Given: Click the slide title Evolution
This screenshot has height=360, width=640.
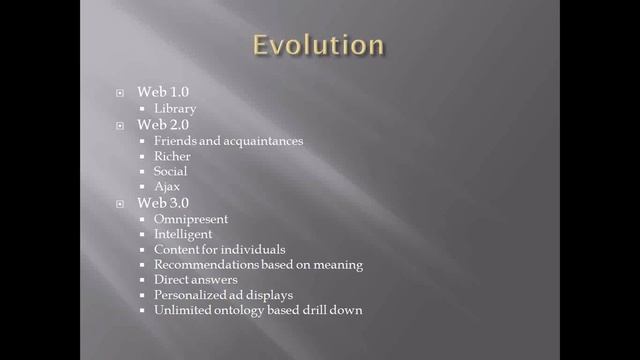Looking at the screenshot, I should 317,46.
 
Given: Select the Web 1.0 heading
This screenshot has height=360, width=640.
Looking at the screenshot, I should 162,92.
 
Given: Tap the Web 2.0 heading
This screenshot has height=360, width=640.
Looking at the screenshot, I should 162,124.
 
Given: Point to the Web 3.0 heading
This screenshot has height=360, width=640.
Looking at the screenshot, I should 162,203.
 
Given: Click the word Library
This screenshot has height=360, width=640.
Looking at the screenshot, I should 175,108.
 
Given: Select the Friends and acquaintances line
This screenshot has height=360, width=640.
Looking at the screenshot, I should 228,140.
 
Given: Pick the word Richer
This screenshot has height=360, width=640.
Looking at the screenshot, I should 172,156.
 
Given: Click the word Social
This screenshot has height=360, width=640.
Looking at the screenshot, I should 171,171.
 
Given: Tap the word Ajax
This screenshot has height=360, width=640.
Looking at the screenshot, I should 167,187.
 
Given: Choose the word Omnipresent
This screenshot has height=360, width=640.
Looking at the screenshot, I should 191,219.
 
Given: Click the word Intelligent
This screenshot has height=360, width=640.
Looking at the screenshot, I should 183,234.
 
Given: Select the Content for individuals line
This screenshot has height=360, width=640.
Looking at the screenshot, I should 220,249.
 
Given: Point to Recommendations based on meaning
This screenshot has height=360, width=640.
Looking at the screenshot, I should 258,265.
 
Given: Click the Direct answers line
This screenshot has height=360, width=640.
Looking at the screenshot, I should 195,280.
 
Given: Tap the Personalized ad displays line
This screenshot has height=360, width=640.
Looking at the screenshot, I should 223,295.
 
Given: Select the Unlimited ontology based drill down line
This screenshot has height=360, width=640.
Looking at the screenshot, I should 258,310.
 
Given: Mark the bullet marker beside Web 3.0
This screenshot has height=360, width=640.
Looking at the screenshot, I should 120,204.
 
